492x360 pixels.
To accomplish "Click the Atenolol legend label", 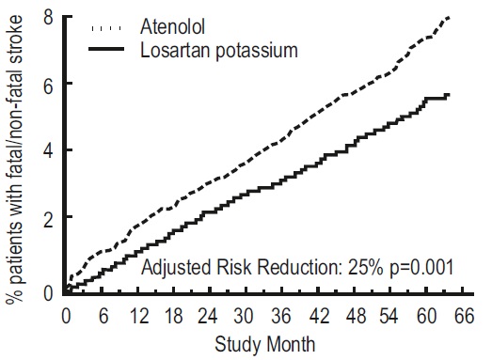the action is [x=172, y=26].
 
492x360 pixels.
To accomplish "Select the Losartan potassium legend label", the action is [x=219, y=50].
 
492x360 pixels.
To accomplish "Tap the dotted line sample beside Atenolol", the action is [x=106, y=28].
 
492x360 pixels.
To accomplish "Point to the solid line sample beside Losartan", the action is [x=106, y=49].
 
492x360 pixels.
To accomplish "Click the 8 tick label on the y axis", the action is [x=49, y=17].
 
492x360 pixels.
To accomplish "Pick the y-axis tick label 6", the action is [x=49, y=86].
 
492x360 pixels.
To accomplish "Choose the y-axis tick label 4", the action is [x=49, y=152].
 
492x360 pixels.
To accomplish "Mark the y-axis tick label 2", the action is [x=49, y=220].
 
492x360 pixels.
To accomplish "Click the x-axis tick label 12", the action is [x=139, y=316].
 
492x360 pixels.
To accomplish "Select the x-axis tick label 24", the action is [x=207, y=316].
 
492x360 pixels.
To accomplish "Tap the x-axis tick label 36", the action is [x=281, y=316].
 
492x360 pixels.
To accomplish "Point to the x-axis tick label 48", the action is [x=357, y=316].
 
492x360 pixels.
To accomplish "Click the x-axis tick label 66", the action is [x=464, y=316].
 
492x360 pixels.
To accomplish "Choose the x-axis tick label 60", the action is [x=426, y=316].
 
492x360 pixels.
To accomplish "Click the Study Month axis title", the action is [x=265, y=344].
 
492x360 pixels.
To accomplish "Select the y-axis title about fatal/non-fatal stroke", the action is [x=15, y=159].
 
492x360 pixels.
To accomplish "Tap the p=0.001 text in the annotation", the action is [x=421, y=268].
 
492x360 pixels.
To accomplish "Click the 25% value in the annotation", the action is [x=365, y=268].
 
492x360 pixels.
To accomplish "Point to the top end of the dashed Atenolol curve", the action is [x=449, y=18].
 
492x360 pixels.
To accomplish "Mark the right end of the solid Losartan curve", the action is [x=450, y=94].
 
